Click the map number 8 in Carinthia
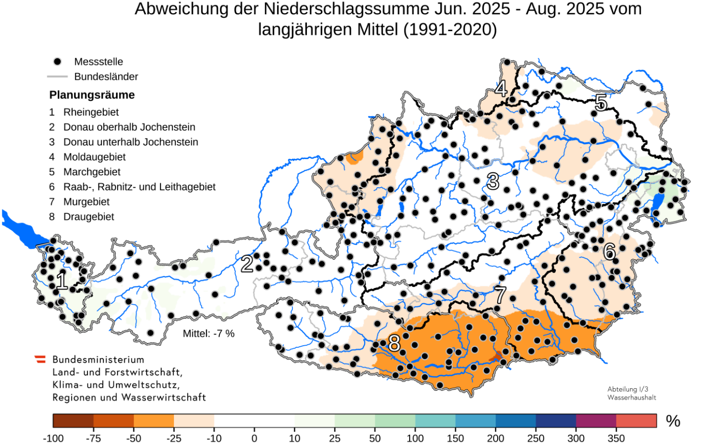(x=394, y=344)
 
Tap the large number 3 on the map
(x=493, y=181)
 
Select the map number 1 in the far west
(x=61, y=281)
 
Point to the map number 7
(x=500, y=295)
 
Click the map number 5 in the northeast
(x=600, y=103)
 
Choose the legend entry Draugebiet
(x=88, y=217)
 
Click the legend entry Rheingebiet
(x=91, y=113)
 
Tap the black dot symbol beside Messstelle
(x=57, y=62)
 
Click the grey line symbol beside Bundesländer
(x=57, y=77)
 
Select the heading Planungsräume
(x=92, y=95)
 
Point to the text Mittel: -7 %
(x=209, y=334)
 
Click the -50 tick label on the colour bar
(x=133, y=438)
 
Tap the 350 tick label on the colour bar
(x=616, y=438)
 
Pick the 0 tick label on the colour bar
(x=254, y=438)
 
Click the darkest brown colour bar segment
(x=73, y=421)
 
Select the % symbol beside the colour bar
(x=673, y=421)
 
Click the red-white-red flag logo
(x=40, y=360)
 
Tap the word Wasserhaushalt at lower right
(x=632, y=397)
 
